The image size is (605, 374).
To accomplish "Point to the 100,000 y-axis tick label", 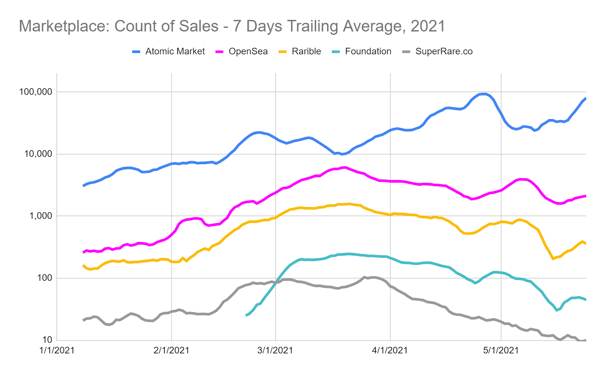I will pos(36,92).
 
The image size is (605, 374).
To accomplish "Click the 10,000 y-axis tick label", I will pos(38,154).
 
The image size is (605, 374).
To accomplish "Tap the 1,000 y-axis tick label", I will pos(40,216).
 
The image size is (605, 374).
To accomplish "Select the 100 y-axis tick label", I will pos(44,278).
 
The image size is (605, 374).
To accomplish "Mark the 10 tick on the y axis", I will pos(47,340).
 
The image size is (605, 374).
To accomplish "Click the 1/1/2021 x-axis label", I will pos(57,351).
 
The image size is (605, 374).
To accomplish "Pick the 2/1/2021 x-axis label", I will pos(171,351).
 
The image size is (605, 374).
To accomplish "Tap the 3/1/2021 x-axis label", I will pos(275,351).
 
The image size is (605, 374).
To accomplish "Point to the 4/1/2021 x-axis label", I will pos(390,351).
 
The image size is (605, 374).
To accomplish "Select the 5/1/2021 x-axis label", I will pos(501,351).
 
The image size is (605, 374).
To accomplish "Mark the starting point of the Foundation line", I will pos(247,315).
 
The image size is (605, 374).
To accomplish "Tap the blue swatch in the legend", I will pos(137,52).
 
